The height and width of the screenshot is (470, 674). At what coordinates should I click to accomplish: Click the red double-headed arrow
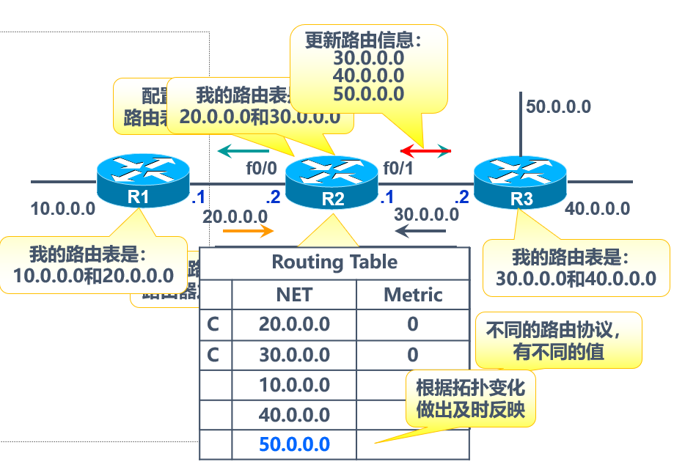tap(425, 151)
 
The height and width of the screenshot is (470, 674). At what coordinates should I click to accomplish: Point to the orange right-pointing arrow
tap(248, 231)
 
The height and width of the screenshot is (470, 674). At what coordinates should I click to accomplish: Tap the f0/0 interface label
tap(261, 168)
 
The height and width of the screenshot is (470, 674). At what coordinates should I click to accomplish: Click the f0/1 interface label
tap(398, 168)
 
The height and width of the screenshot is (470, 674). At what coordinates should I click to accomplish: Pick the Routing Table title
tap(334, 262)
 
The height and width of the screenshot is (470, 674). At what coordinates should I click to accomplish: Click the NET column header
tap(294, 295)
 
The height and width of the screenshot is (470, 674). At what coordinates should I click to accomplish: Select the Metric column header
tap(413, 295)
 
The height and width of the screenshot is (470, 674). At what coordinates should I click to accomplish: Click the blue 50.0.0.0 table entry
tap(294, 444)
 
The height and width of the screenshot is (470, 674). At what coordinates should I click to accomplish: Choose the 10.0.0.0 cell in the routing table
tap(294, 385)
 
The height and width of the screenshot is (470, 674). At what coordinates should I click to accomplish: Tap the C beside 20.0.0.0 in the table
tap(213, 324)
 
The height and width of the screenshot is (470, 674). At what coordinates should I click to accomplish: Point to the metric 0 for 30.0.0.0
tap(413, 355)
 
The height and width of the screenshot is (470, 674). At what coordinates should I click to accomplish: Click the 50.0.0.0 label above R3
tap(558, 107)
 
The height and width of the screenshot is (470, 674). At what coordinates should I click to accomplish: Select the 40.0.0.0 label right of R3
tap(597, 209)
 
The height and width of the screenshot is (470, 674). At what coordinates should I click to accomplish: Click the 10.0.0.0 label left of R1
tap(63, 209)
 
